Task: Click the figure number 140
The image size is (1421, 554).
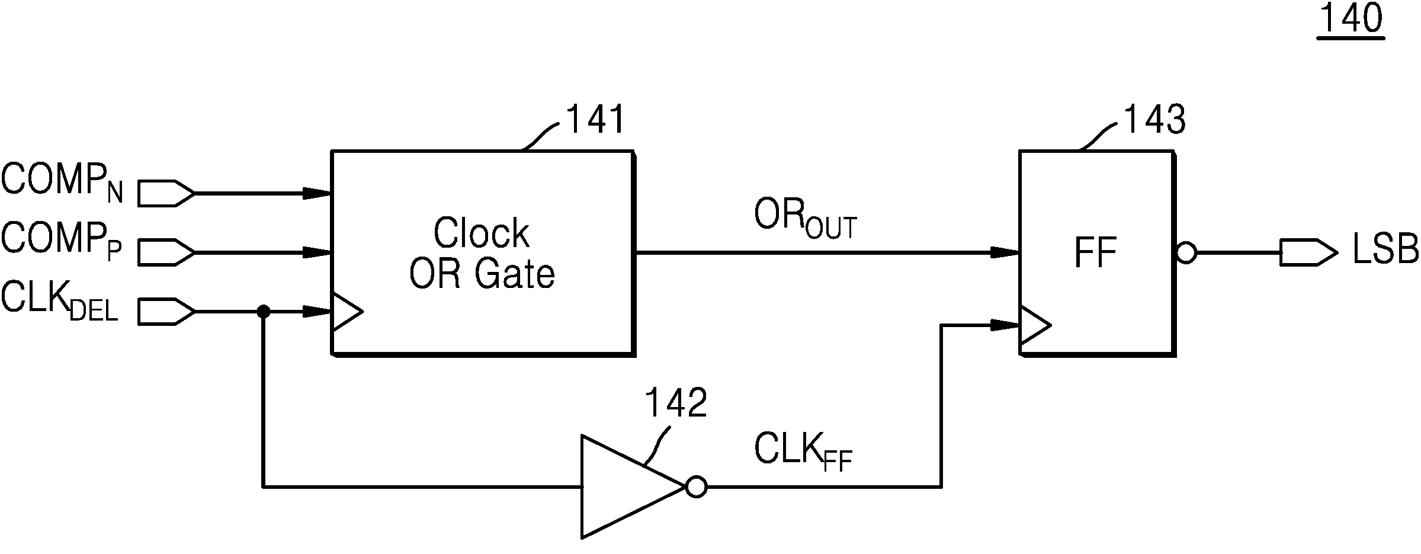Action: (1351, 20)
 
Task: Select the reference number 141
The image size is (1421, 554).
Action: (596, 120)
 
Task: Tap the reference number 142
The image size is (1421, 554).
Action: (676, 404)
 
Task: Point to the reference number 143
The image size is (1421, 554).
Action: (1154, 120)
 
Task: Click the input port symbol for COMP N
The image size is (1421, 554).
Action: (166, 193)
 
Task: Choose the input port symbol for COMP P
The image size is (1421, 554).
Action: (166, 252)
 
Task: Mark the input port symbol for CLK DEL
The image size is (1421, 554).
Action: (166, 311)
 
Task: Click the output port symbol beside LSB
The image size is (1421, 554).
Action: (1308, 252)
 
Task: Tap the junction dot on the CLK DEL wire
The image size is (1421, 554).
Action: (264, 311)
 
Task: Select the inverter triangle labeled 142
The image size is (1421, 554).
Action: (633, 487)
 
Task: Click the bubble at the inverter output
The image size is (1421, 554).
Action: (696, 488)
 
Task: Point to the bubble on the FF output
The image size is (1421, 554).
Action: (1185, 253)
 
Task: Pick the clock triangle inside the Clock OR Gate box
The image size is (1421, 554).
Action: (347, 311)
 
